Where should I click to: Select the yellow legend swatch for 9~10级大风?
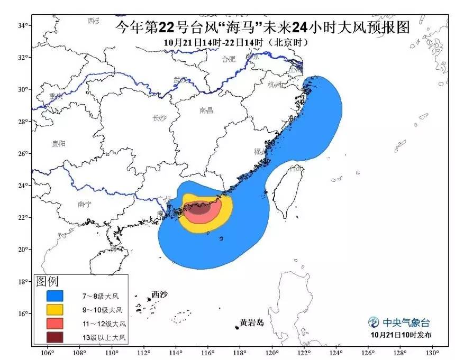[54, 309]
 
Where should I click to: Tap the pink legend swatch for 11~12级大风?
[54, 323]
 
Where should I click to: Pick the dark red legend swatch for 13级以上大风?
[54, 337]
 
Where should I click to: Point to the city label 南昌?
[206, 110]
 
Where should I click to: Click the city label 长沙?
[159, 118]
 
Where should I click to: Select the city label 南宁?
[85, 204]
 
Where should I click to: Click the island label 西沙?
[159, 294]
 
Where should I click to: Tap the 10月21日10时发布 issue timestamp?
[401, 335]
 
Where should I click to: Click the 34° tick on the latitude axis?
[22, 25]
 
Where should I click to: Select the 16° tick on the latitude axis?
[22, 313]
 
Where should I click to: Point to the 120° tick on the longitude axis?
[272, 353]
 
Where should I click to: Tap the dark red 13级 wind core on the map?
[199, 209]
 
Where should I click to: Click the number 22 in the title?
[169, 28]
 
